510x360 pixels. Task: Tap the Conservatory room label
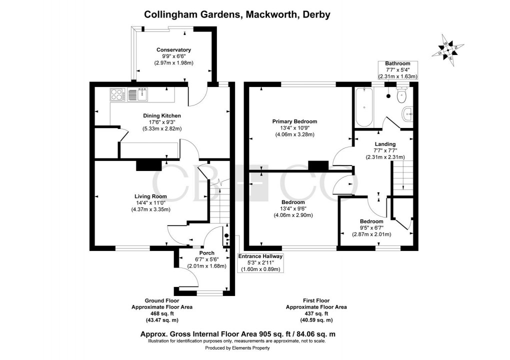tap(173, 50)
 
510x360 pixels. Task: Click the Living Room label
tap(150, 196)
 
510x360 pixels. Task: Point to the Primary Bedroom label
tap(294, 121)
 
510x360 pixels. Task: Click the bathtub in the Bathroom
tap(363, 106)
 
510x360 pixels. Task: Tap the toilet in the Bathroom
tap(401, 95)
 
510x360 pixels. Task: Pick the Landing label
tap(384, 144)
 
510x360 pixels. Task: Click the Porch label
tap(207, 253)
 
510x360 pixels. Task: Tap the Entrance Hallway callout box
tap(260, 262)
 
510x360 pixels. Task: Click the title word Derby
tap(315, 14)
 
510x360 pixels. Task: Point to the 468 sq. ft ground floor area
tap(161, 313)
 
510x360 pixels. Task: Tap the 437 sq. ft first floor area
tap(315, 313)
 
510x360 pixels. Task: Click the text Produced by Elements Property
tap(236, 348)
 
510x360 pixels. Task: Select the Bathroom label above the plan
tap(397, 63)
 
